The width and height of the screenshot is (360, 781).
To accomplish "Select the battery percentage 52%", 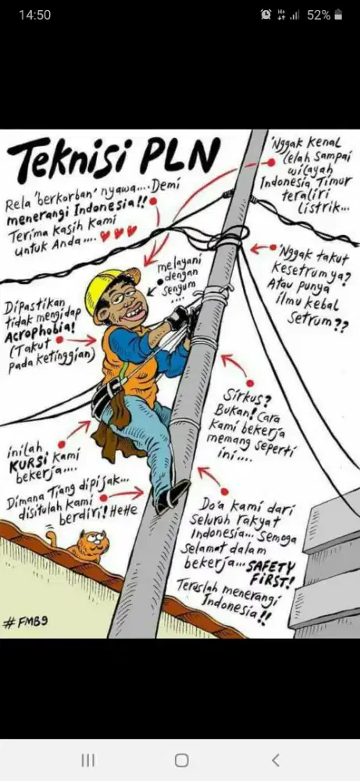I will tap(319, 15).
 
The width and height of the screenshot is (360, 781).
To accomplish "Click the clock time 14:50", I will tap(34, 15).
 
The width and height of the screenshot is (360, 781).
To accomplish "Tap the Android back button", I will tap(274, 760).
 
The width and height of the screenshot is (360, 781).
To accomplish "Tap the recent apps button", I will tap(88, 760).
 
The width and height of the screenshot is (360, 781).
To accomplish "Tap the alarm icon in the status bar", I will tap(266, 15).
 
